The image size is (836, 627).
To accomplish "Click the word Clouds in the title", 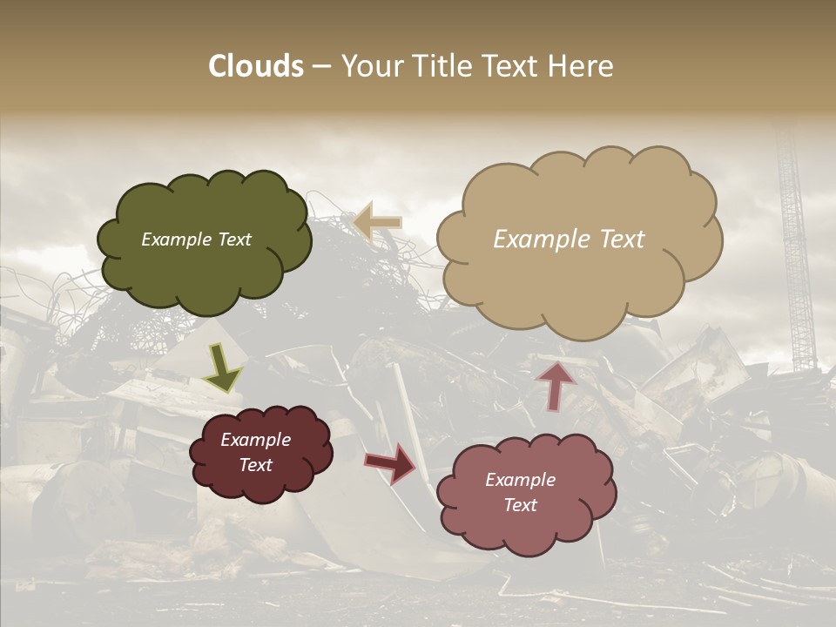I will (x=256, y=66).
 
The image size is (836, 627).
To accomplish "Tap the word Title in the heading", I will (x=437, y=66).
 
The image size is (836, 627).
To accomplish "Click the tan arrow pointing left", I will (x=378, y=222).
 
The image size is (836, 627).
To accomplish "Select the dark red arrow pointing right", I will (x=391, y=462).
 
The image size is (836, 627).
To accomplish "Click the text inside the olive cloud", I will (x=196, y=239).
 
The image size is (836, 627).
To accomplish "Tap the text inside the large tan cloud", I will (x=569, y=239).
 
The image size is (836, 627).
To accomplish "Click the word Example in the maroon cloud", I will (x=255, y=440).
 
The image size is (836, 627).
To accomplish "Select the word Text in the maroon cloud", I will (x=255, y=465).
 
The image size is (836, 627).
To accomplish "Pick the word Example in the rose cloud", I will (x=520, y=480).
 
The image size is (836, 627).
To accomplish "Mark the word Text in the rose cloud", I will (x=520, y=505).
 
